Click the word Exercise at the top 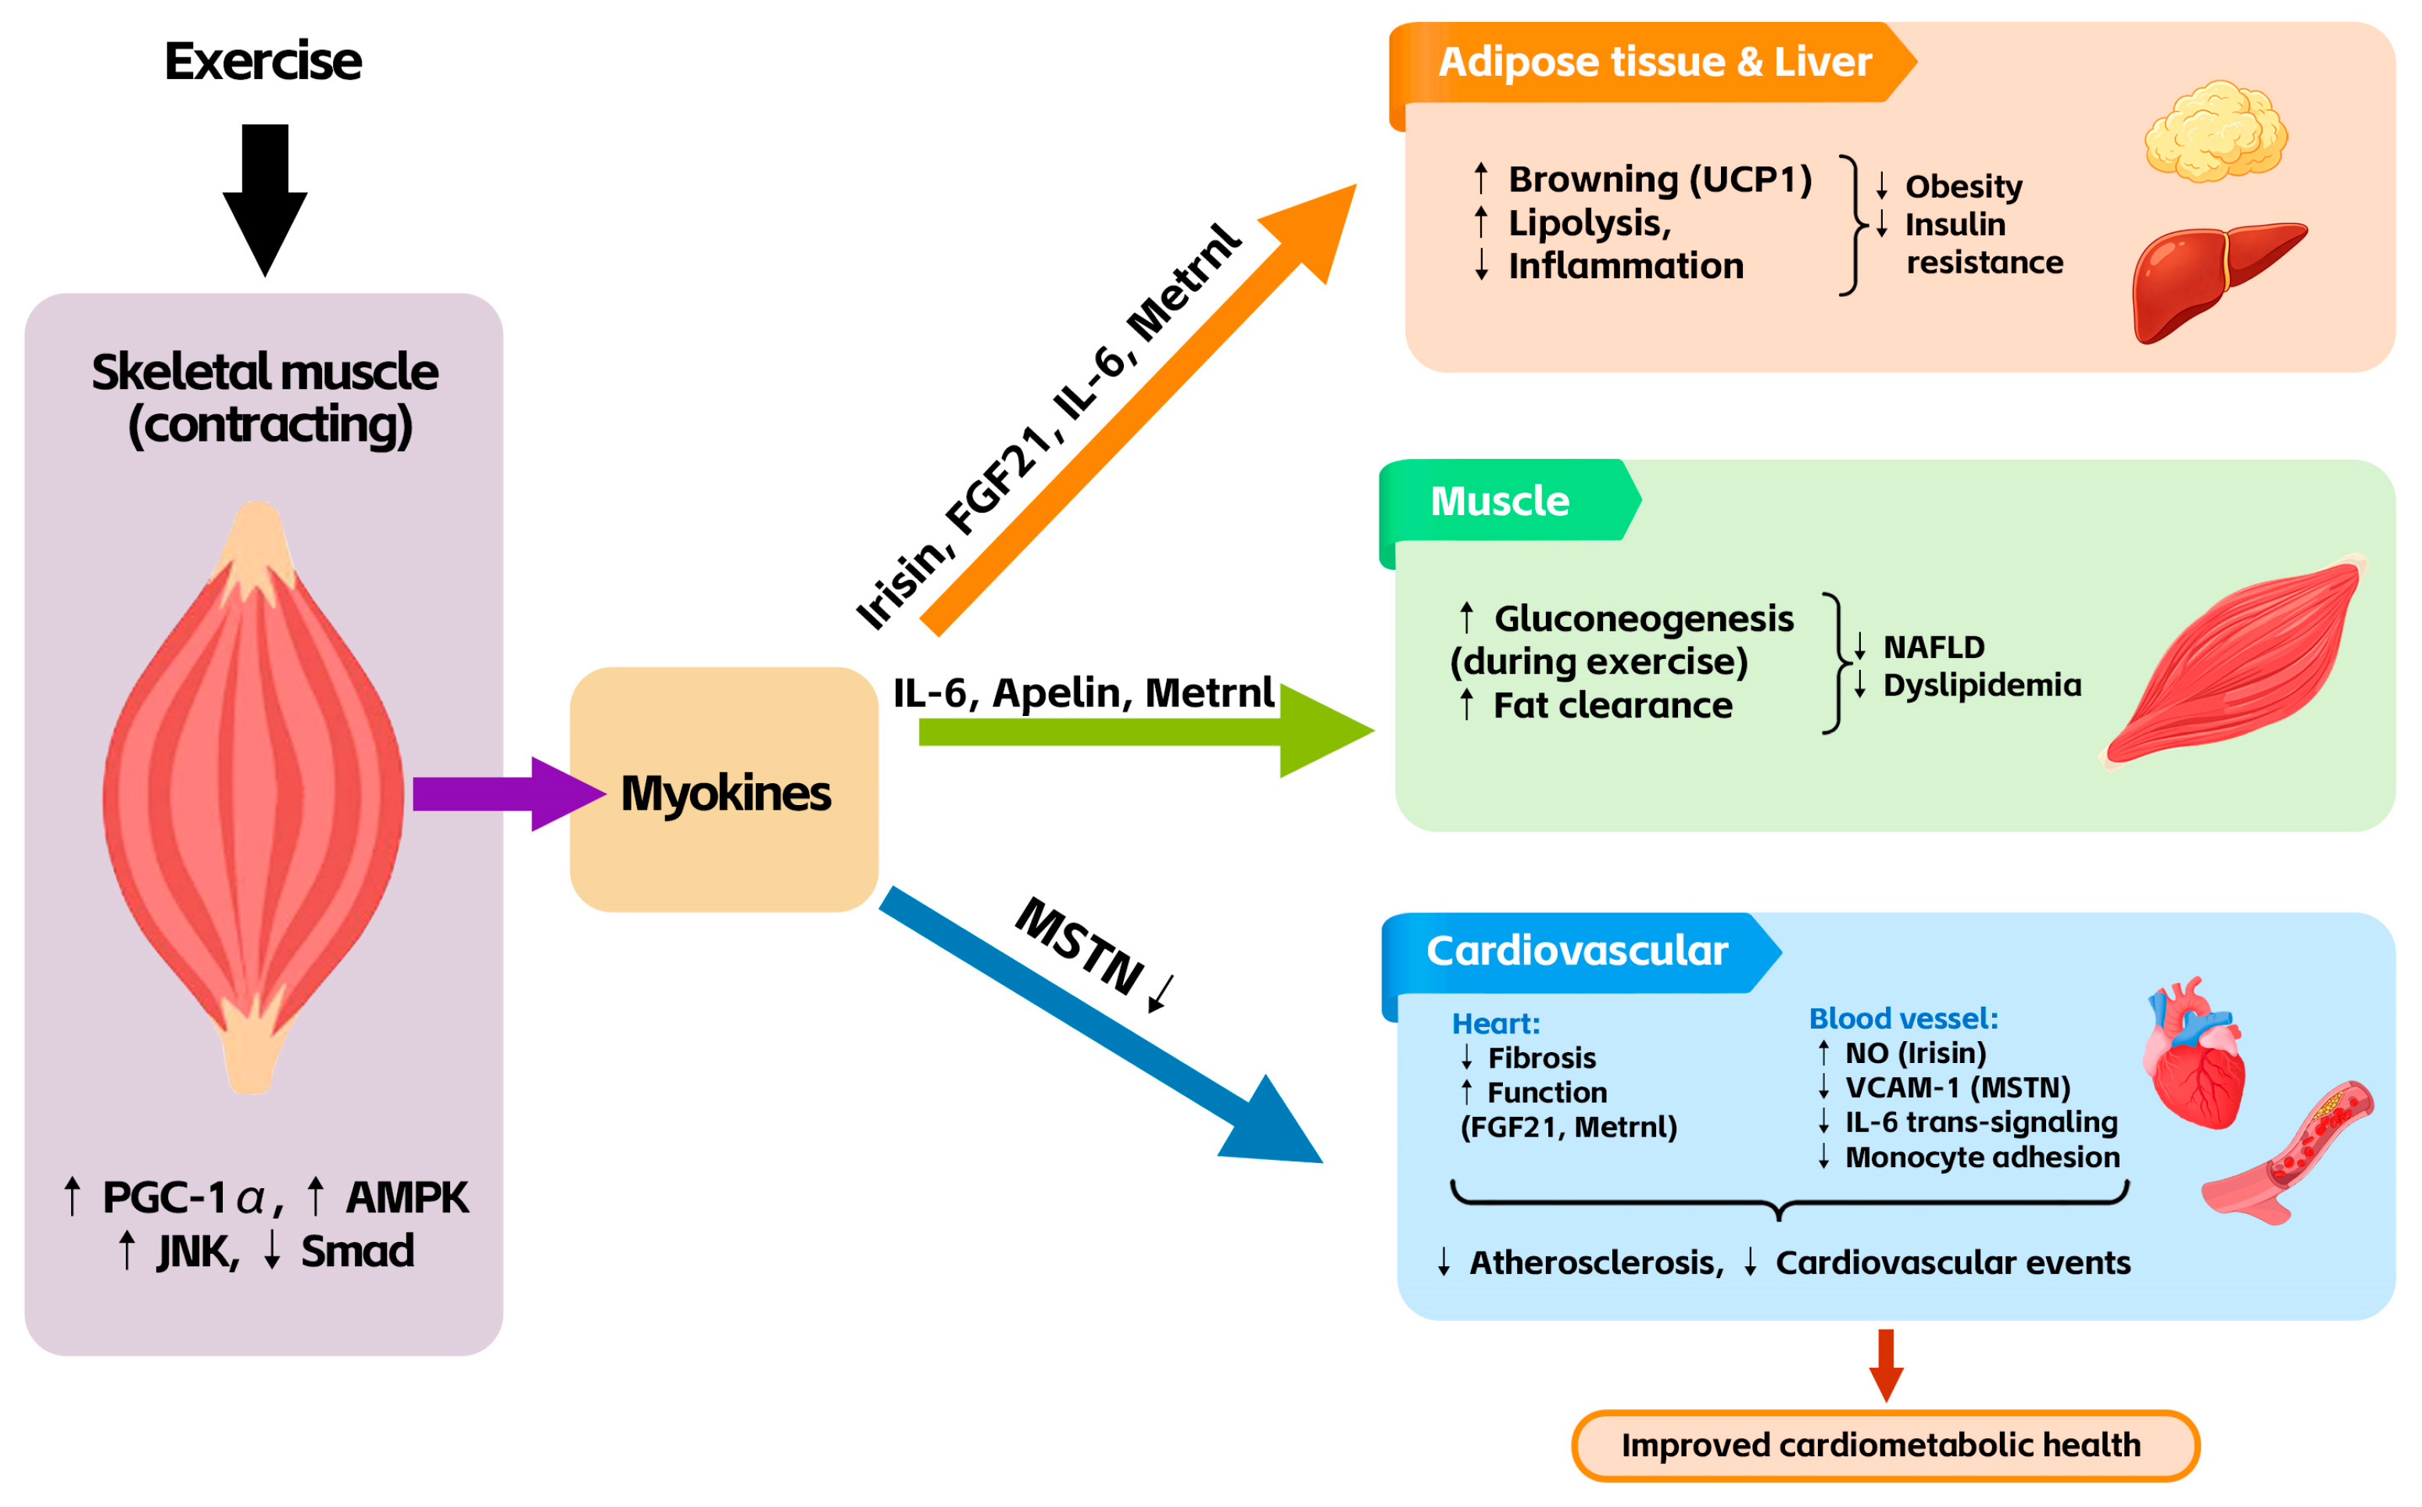tap(263, 61)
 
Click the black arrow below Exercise tap(265, 199)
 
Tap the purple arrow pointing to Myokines tap(509, 794)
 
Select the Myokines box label tap(725, 793)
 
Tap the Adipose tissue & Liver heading tap(1655, 62)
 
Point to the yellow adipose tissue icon tap(2216, 131)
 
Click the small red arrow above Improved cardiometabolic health tap(1886, 1366)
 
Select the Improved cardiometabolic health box tap(1885, 1445)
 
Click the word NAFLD tap(1934, 648)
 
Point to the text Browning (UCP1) tap(1660, 180)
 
